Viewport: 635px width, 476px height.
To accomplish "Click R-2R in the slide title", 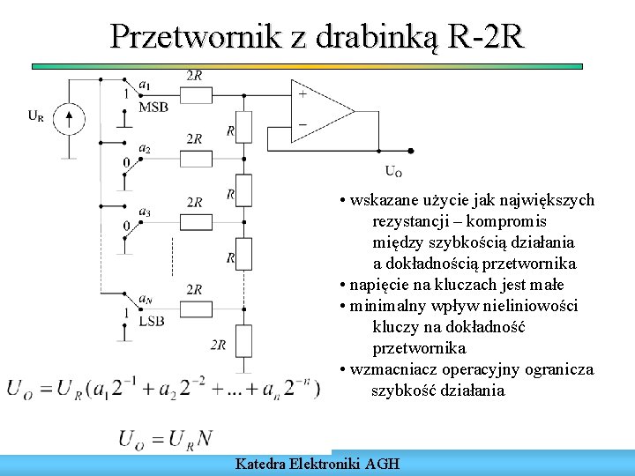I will tap(485, 36).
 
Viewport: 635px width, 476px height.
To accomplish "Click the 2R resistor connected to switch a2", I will tap(194, 159).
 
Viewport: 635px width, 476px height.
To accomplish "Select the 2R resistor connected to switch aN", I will tap(194, 309).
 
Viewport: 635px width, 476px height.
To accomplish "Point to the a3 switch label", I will tap(145, 212).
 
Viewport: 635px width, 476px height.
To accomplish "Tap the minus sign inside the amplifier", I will tap(303, 125).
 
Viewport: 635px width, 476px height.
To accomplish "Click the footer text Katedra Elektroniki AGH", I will tap(317, 463).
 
